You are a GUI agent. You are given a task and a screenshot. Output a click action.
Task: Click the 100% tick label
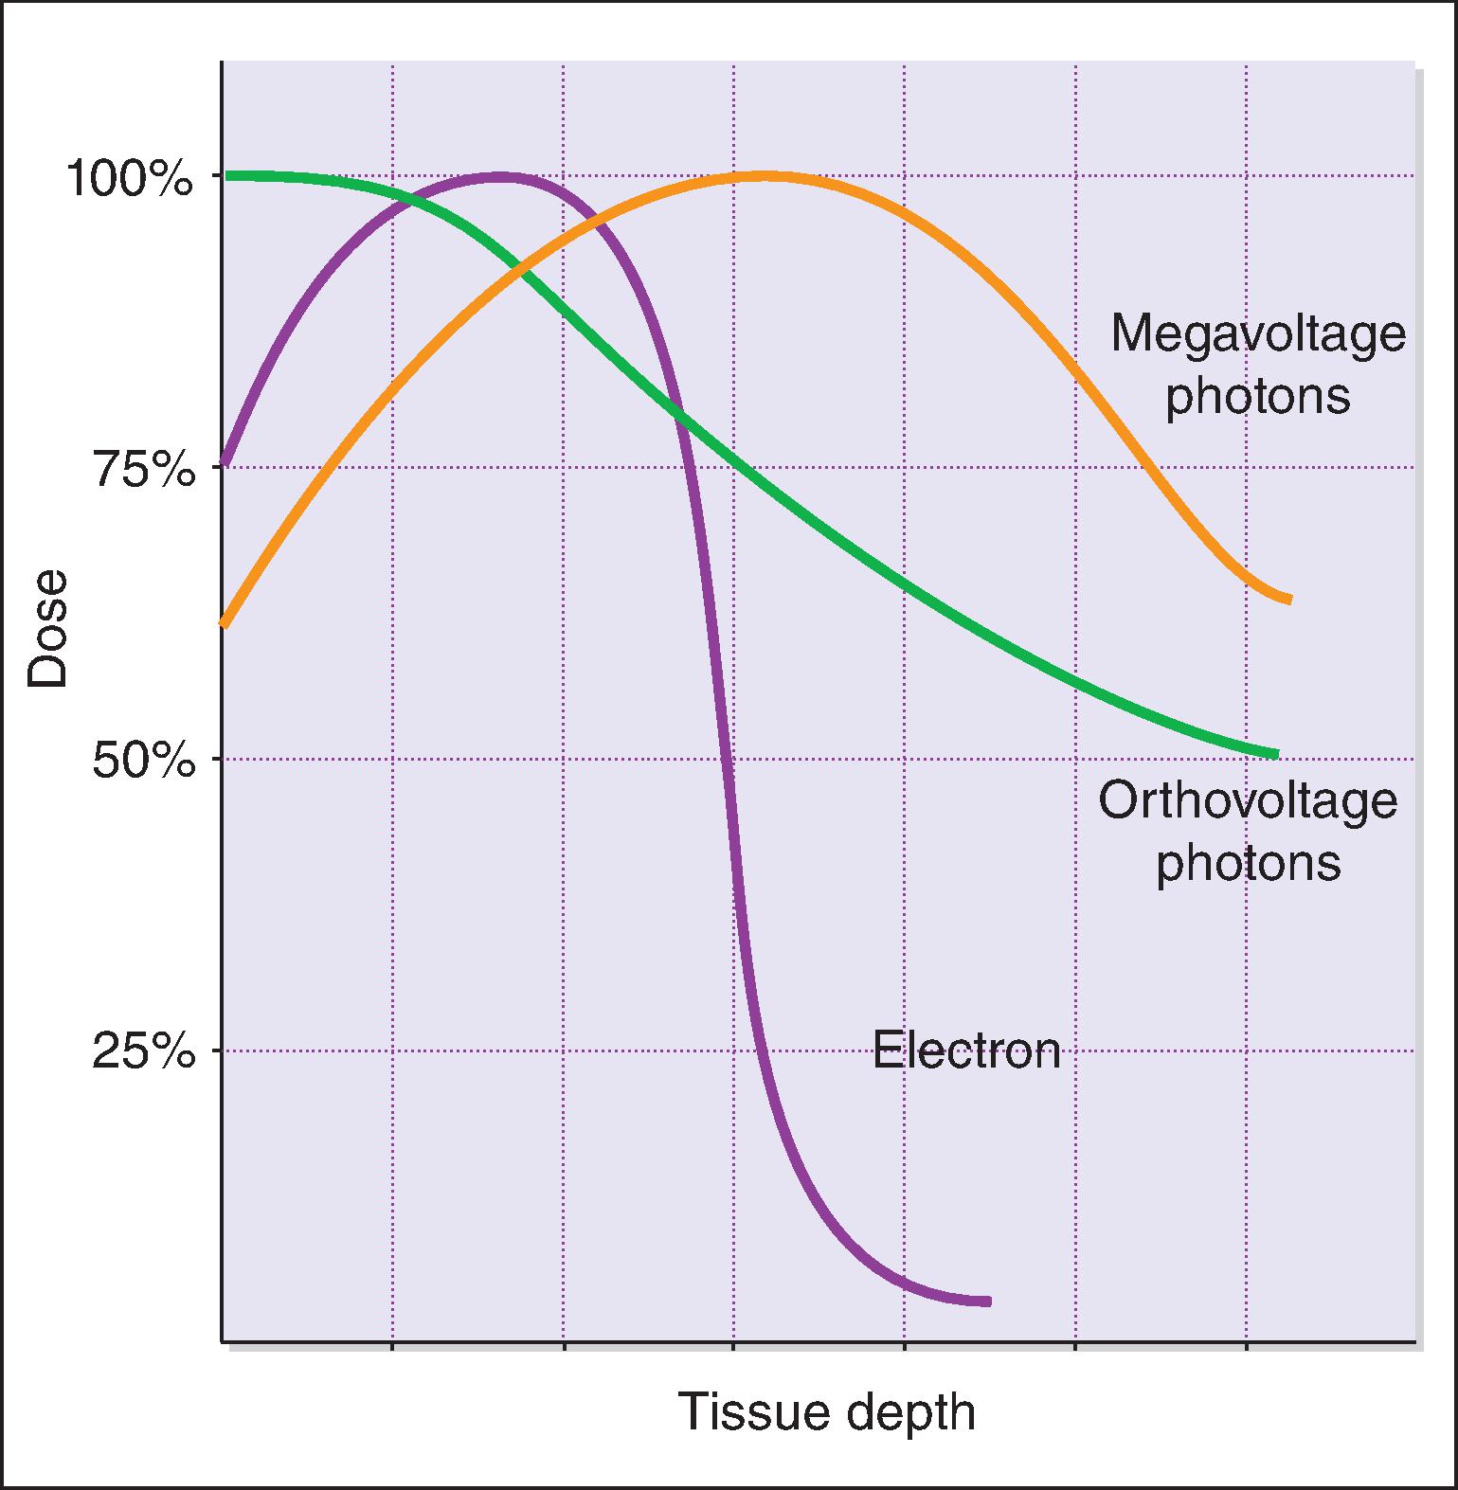pyautogui.click(x=129, y=179)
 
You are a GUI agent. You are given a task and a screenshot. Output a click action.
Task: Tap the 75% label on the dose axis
pyautogui.click(x=143, y=471)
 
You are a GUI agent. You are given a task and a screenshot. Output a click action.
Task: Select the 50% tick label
pyautogui.click(x=143, y=762)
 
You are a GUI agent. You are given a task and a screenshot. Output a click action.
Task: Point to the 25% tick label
pyautogui.click(x=143, y=1053)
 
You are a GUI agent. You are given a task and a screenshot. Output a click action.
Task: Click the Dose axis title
pyautogui.click(x=47, y=627)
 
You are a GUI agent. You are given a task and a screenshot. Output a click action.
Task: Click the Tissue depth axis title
pyautogui.click(x=826, y=1412)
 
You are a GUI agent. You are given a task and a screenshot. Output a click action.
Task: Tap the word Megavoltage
pyautogui.click(x=1257, y=333)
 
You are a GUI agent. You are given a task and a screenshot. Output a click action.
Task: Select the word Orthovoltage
pyautogui.click(x=1247, y=800)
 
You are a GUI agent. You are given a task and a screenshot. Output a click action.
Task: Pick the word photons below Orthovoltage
pyautogui.click(x=1248, y=862)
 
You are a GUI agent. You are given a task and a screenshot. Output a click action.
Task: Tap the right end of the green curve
pyautogui.click(x=1274, y=754)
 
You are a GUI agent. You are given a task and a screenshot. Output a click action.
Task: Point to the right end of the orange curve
pyautogui.click(x=1287, y=599)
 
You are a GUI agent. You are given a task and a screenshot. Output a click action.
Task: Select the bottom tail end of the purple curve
pyautogui.click(x=986, y=1302)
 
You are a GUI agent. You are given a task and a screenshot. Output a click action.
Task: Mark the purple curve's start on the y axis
pyautogui.click(x=225, y=461)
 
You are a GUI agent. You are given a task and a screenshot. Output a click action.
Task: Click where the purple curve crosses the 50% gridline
pyautogui.click(x=728, y=759)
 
